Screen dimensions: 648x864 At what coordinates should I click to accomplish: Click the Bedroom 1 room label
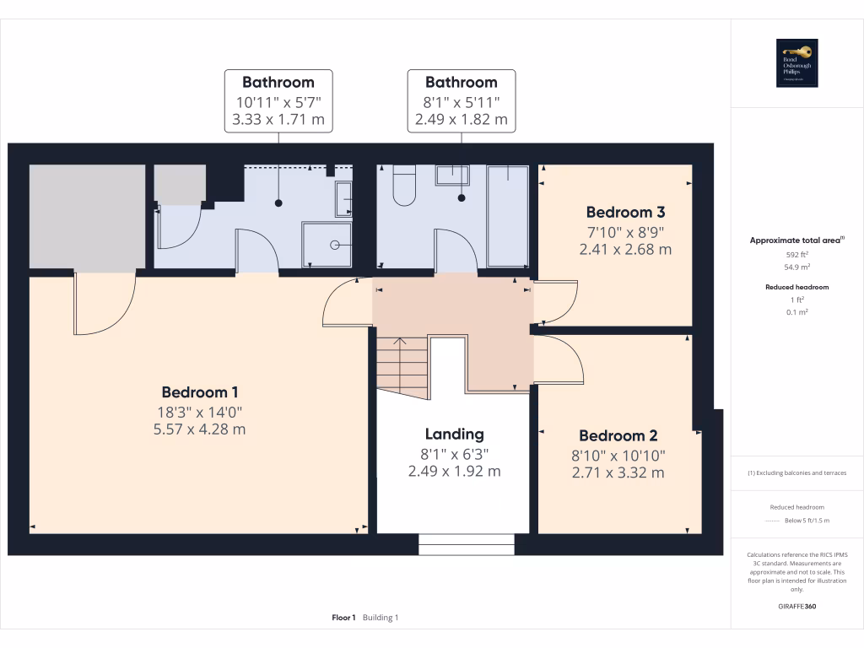(x=200, y=392)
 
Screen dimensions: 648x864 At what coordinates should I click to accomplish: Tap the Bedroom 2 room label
(x=618, y=436)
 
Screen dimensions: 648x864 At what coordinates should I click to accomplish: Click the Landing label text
(x=454, y=434)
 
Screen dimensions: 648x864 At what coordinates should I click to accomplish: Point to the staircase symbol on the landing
(x=402, y=364)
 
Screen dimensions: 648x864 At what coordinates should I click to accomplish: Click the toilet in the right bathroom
(x=404, y=186)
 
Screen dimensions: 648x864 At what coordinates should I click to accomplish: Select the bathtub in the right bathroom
(x=508, y=215)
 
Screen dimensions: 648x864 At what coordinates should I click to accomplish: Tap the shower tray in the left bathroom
(x=326, y=245)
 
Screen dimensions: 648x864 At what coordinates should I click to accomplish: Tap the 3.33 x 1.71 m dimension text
(x=278, y=120)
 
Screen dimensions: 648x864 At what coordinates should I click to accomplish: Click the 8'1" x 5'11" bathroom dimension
(x=461, y=102)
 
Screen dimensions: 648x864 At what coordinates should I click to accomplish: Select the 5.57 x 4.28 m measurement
(x=200, y=429)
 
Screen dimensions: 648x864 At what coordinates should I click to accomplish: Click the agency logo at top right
(x=797, y=63)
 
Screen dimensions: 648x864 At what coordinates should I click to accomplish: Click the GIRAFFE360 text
(x=797, y=607)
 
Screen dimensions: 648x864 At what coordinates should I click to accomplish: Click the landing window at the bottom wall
(x=467, y=544)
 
